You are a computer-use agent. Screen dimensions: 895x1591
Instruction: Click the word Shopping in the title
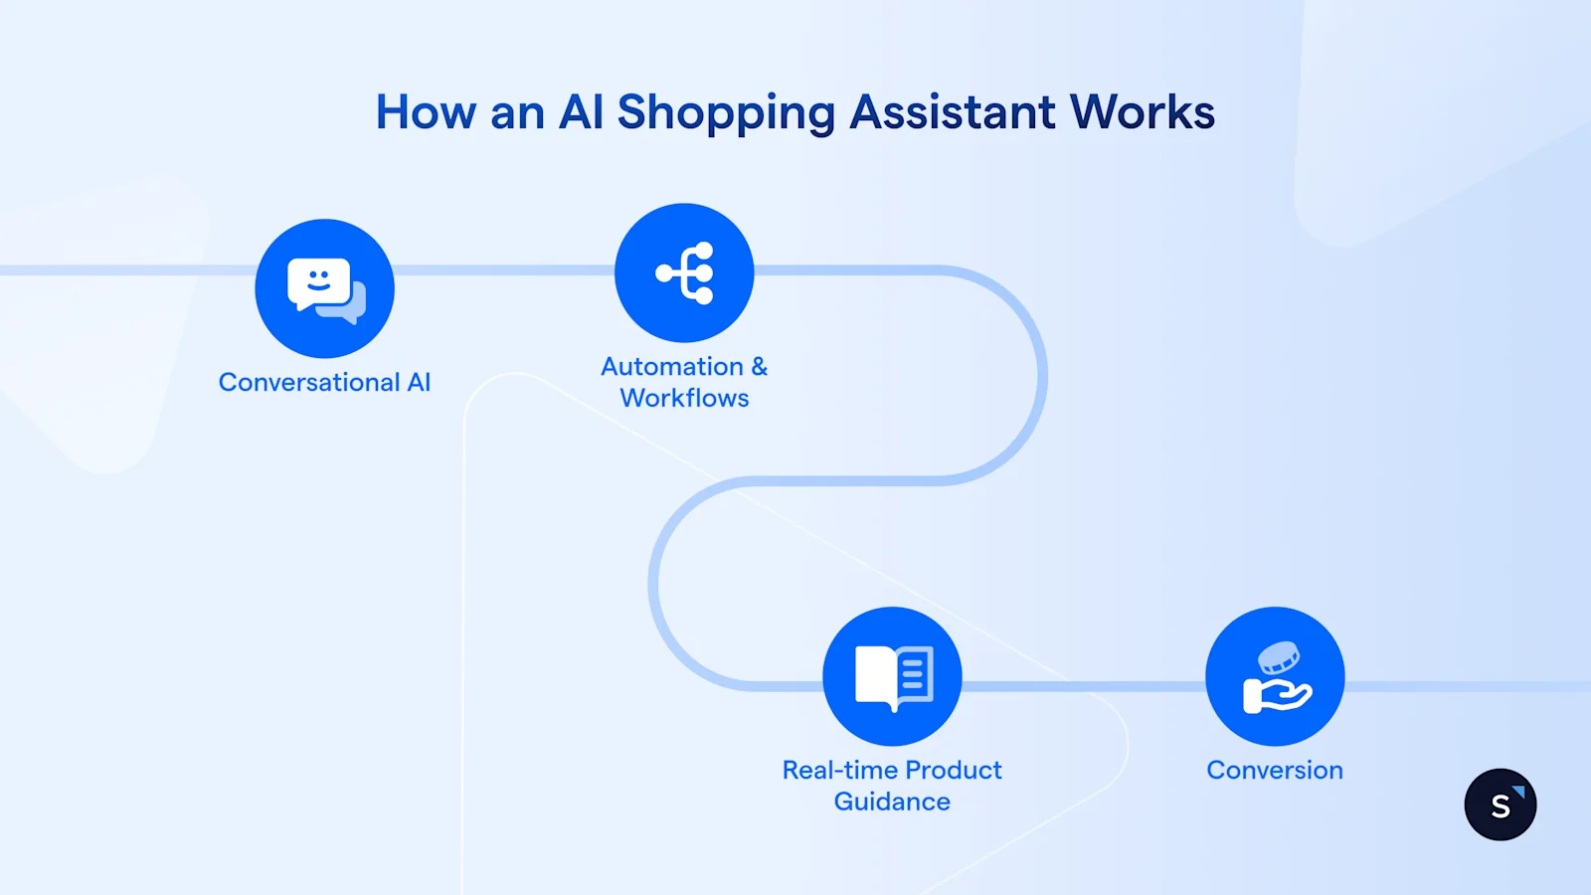coord(725,113)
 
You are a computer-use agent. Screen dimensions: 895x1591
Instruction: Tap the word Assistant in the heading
coord(952,111)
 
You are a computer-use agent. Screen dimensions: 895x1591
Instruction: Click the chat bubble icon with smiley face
coord(325,289)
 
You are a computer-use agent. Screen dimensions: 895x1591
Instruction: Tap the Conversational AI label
coord(324,383)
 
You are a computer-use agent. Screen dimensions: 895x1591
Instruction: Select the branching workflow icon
coord(684,272)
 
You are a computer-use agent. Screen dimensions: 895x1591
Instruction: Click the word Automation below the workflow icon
coord(672,367)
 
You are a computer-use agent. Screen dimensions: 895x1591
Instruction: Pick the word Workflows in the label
coord(684,398)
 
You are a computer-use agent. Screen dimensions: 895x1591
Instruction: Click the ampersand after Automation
coord(760,367)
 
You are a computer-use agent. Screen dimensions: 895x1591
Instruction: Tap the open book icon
coord(892,676)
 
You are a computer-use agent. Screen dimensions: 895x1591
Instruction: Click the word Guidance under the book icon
coord(892,802)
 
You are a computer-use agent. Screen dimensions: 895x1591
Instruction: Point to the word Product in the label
coord(954,771)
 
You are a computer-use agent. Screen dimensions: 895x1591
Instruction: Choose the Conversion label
coord(1275,771)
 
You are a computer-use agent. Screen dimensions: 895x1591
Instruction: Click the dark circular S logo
coord(1501,805)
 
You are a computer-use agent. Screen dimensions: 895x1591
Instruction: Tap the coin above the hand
coord(1279,657)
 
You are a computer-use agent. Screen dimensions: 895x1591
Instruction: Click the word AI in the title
coord(581,111)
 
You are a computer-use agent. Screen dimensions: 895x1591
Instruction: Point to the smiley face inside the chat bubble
coord(319,279)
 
